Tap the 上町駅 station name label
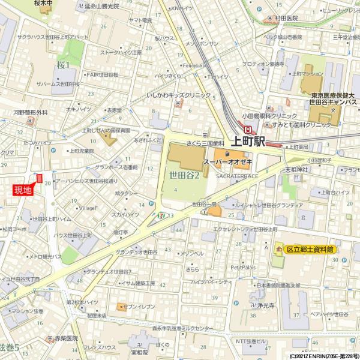247,142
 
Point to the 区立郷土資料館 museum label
310,248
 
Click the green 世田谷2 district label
184,175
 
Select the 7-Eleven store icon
161,214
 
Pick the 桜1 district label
63,65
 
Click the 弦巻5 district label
9,348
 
